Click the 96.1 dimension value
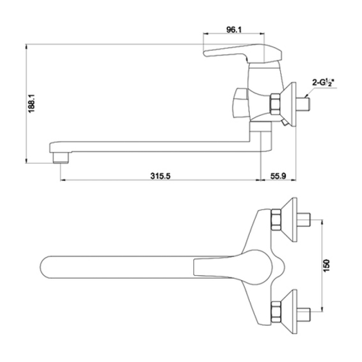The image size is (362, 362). point(234,30)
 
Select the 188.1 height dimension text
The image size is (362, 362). point(31,103)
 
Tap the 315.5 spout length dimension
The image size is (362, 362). point(160,176)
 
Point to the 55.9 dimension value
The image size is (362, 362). point(278,176)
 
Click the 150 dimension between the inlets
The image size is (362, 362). point(326,266)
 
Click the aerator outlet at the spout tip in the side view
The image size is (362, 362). point(61,158)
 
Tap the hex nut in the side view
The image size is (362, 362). point(275,104)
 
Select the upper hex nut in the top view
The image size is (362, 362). point(276,219)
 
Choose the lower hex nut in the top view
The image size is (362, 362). point(276,312)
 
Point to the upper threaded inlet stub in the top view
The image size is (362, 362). point(304,220)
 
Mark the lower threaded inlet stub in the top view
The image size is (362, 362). point(304,314)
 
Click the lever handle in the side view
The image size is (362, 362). point(243,53)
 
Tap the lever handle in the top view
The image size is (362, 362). point(233,267)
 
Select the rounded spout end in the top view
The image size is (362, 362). point(46,267)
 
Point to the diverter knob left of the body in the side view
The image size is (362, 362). point(241,103)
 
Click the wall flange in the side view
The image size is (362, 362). point(289,104)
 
